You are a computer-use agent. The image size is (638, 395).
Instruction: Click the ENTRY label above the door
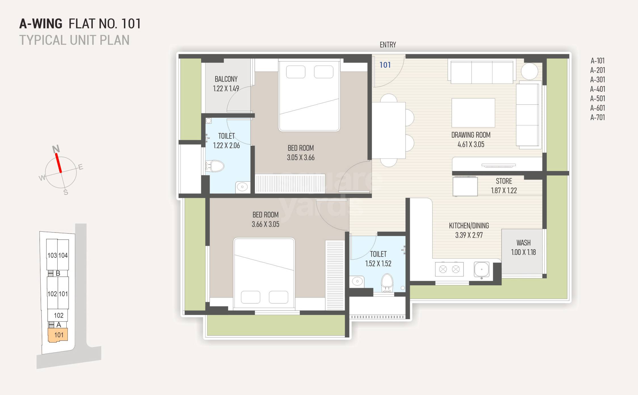(388, 45)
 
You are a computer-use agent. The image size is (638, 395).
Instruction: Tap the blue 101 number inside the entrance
(385, 65)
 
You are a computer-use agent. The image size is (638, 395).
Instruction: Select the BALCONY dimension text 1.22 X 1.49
(226, 88)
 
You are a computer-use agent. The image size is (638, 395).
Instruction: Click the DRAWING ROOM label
(471, 135)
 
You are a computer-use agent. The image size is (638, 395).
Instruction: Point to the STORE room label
(504, 181)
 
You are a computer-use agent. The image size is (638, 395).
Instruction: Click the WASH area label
(523, 243)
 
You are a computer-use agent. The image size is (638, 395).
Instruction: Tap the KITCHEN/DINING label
(469, 226)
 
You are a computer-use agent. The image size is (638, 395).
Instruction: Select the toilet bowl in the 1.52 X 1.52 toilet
(387, 282)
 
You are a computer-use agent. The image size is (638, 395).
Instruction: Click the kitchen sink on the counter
(481, 269)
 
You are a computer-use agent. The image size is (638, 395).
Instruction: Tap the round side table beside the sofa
(529, 71)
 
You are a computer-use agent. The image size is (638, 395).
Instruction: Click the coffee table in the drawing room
(473, 113)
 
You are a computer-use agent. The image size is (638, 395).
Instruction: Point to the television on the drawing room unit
(498, 165)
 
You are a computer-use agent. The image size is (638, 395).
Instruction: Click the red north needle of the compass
(58, 163)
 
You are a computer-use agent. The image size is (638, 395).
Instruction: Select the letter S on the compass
(66, 193)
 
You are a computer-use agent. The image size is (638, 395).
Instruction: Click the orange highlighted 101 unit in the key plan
(58, 335)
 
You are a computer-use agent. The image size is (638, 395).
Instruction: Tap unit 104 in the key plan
(63, 255)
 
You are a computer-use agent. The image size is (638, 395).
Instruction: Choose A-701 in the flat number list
(597, 117)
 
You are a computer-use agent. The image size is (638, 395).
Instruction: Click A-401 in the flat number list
(597, 89)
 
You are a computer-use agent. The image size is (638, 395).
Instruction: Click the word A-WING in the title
(41, 24)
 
